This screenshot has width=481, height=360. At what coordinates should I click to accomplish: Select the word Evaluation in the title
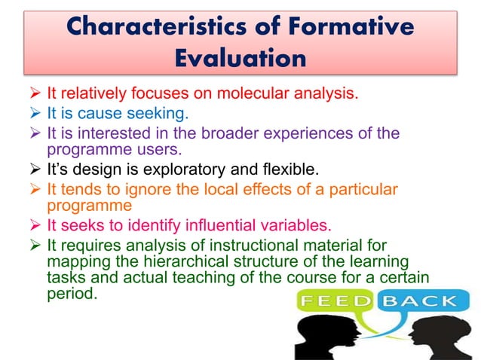pyautogui.click(x=240, y=58)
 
